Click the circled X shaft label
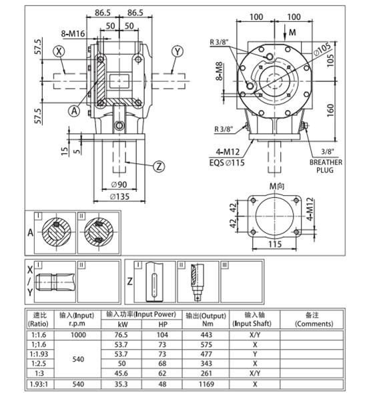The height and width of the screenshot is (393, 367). pos(60,51)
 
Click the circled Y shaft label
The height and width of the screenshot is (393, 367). pos(177,51)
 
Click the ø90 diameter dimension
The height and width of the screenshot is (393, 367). pos(119,184)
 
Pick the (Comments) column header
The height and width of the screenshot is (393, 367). pos(314,324)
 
